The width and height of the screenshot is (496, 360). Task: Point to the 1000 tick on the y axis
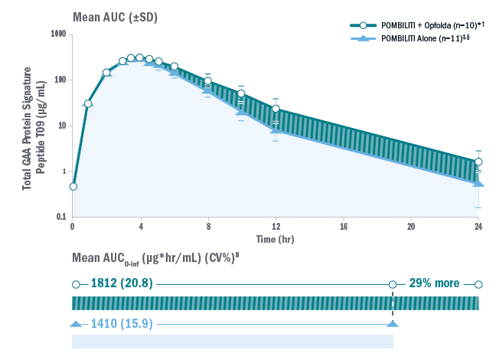point(57,34)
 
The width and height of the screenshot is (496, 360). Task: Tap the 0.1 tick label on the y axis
point(60,218)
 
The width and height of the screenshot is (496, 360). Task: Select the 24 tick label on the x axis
point(478,227)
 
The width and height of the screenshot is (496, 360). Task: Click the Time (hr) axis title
point(276,239)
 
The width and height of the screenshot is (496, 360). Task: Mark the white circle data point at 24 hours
point(478,162)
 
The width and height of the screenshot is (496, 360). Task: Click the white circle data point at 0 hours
point(73,186)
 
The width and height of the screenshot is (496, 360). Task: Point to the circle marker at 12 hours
point(276,109)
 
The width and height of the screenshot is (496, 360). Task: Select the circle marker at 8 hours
point(207,81)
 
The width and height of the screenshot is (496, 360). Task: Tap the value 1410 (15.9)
point(122,324)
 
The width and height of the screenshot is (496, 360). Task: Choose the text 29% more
point(434,283)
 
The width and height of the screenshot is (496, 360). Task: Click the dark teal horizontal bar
point(276,303)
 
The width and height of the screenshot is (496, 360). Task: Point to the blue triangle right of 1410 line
point(393,324)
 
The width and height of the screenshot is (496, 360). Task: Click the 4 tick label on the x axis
point(140,227)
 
